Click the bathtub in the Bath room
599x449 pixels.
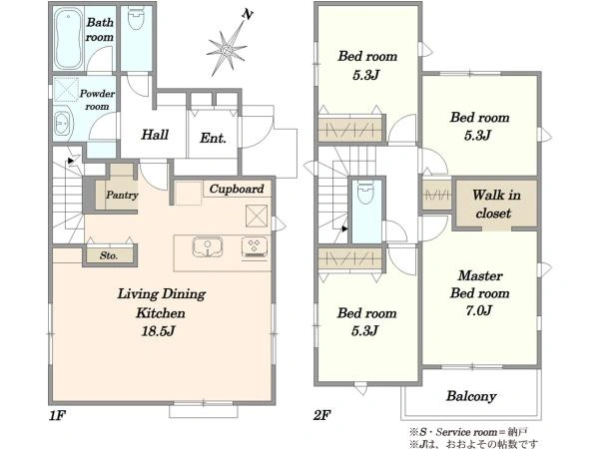(x=68, y=39)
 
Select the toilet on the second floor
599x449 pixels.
(x=366, y=192)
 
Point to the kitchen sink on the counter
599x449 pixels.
(x=207, y=247)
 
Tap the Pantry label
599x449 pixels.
(x=122, y=196)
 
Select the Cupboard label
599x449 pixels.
(x=237, y=189)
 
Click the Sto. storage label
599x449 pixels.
(x=109, y=255)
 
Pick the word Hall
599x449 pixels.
(x=155, y=135)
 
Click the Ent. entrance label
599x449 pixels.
(x=213, y=138)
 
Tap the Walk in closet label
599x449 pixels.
(x=495, y=204)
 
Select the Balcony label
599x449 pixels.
(x=471, y=396)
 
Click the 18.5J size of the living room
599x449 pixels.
(x=158, y=330)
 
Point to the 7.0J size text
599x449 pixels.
(x=478, y=310)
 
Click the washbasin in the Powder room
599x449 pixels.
(x=63, y=124)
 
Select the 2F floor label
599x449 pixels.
(x=322, y=415)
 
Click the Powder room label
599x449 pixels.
(x=97, y=100)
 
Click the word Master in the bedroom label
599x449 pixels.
(x=480, y=275)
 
